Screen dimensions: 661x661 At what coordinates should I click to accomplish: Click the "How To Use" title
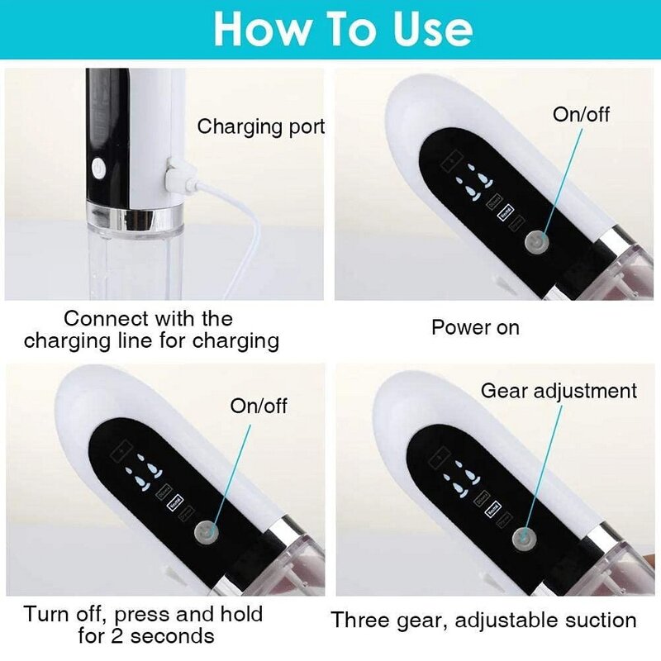(x=342, y=30)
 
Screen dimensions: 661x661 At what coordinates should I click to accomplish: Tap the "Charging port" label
(x=260, y=127)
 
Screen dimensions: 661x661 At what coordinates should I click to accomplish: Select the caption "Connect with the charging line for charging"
(x=150, y=329)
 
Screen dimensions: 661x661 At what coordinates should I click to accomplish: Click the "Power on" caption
(x=475, y=327)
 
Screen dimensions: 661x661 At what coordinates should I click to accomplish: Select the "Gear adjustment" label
(x=559, y=390)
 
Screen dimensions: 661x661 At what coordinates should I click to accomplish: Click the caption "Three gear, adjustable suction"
(x=484, y=620)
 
